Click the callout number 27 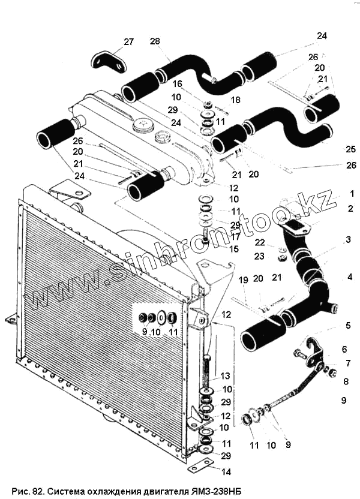[129, 41]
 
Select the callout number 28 [155, 41]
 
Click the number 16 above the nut [178, 84]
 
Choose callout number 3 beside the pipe [349, 240]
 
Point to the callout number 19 [242, 279]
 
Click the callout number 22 [259, 242]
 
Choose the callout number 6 [344, 348]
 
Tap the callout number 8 [345, 380]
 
